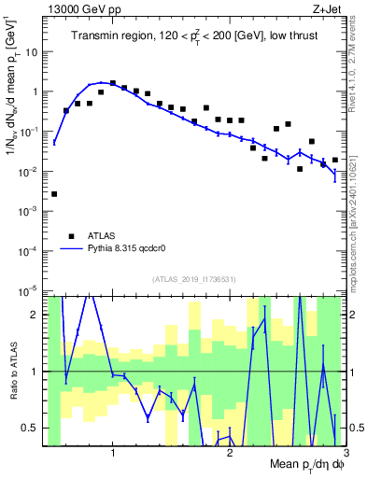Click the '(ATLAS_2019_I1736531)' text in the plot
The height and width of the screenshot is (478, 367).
[x=192, y=279]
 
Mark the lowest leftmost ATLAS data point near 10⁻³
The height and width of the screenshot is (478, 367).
[x=54, y=194]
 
